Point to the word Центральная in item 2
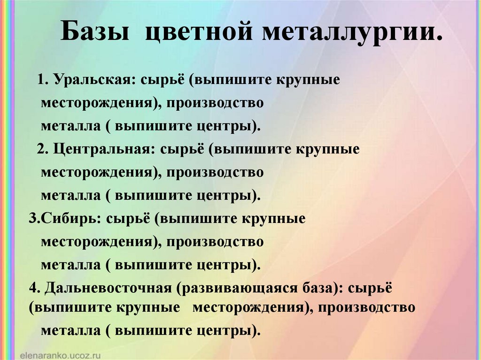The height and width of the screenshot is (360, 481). [x=103, y=149]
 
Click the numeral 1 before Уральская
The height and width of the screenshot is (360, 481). [x=41, y=80]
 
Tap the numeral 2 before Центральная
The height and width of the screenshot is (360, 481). [x=41, y=149]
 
